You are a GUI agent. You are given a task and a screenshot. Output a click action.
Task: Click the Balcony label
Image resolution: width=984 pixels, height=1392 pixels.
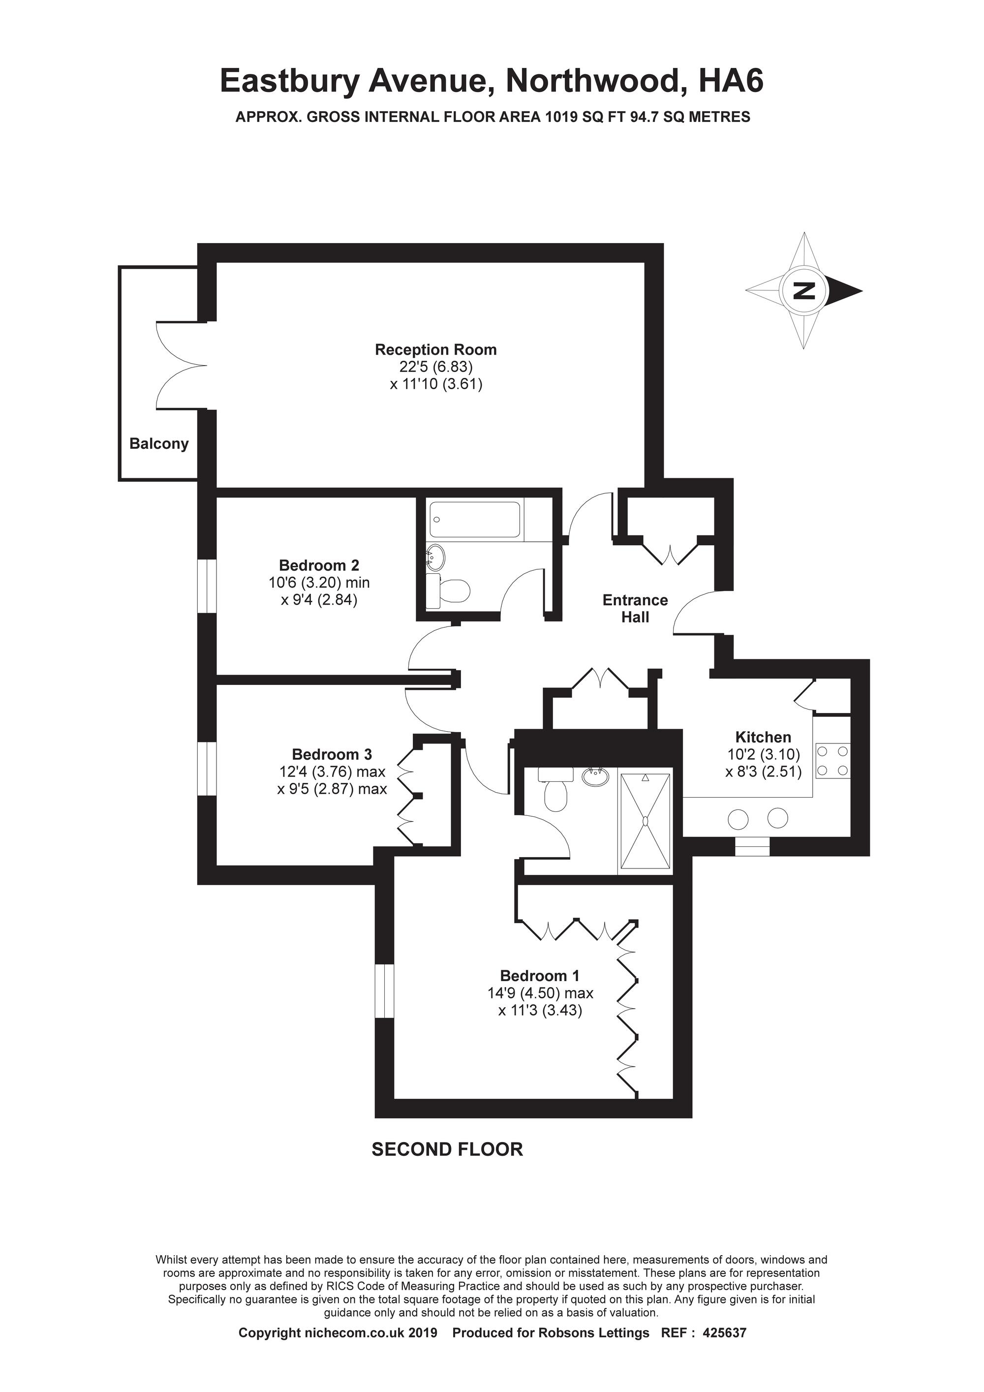click(x=159, y=444)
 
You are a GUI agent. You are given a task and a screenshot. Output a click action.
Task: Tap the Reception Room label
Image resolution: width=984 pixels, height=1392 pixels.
click(x=436, y=350)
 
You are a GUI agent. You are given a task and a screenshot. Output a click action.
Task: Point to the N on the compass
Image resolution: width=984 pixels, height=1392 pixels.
click(x=804, y=290)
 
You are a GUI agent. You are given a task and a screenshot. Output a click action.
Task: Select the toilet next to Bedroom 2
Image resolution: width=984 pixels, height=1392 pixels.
click(x=448, y=591)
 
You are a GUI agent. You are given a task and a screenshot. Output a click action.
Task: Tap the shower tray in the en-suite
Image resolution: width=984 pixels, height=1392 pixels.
click(x=645, y=820)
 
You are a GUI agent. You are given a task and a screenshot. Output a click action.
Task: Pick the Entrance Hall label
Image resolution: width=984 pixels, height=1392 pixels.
click(x=635, y=608)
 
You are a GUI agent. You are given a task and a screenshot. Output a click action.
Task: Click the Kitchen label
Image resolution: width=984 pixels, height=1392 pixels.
click(x=763, y=737)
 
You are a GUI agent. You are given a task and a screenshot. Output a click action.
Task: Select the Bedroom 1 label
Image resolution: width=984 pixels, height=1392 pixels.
click(x=540, y=976)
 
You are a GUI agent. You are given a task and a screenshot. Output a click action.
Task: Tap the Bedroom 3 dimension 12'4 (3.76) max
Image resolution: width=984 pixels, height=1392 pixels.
click(x=332, y=772)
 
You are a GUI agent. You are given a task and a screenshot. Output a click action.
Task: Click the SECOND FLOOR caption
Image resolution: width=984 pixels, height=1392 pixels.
click(x=447, y=1149)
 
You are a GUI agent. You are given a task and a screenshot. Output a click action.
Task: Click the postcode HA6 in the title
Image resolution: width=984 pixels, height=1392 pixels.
click(x=731, y=81)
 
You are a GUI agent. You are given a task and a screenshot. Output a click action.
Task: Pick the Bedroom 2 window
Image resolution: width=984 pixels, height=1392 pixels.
click(x=207, y=585)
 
